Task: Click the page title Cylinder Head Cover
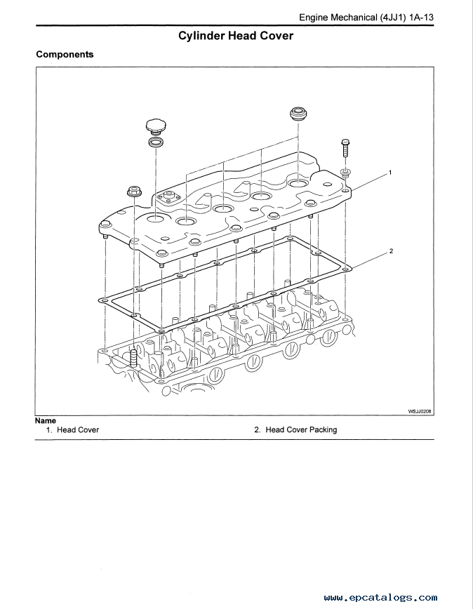point(236,36)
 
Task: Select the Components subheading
point(65,55)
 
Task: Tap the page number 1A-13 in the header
point(421,18)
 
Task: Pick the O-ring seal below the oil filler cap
point(156,142)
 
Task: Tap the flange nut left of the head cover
point(134,191)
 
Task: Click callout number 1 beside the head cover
point(390,172)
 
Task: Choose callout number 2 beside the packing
point(391,251)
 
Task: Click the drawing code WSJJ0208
point(420,411)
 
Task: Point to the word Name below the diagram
point(46,421)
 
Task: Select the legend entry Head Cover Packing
point(301,430)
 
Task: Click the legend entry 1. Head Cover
point(72,430)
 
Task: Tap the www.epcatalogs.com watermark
point(380,598)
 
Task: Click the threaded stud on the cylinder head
point(134,358)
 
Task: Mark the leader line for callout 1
point(369,182)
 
